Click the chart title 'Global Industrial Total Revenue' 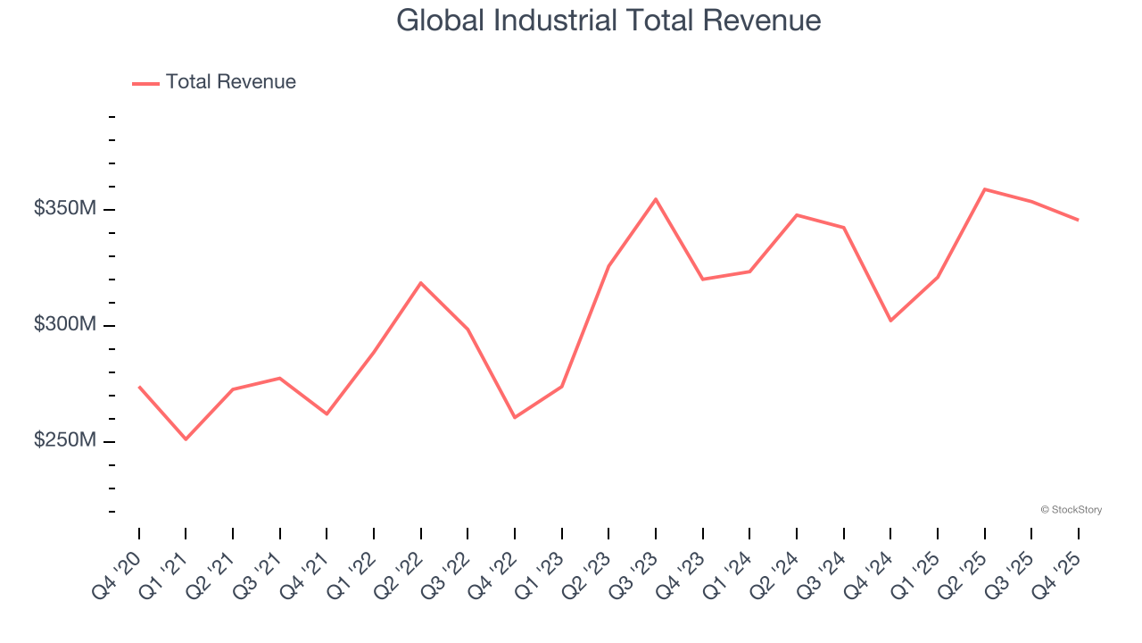(608, 21)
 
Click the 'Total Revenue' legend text (230, 82)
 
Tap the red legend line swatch (145, 83)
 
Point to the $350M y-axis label (65, 209)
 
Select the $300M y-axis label (65, 325)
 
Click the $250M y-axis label (65, 441)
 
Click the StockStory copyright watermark (1071, 510)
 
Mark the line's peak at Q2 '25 (984, 189)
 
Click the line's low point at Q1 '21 (186, 439)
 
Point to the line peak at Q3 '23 (656, 199)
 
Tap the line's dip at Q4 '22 (515, 417)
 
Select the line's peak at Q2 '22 (420, 283)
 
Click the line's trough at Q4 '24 (890, 321)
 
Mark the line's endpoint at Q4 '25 (1078, 220)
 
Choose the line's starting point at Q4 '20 (139, 387)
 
